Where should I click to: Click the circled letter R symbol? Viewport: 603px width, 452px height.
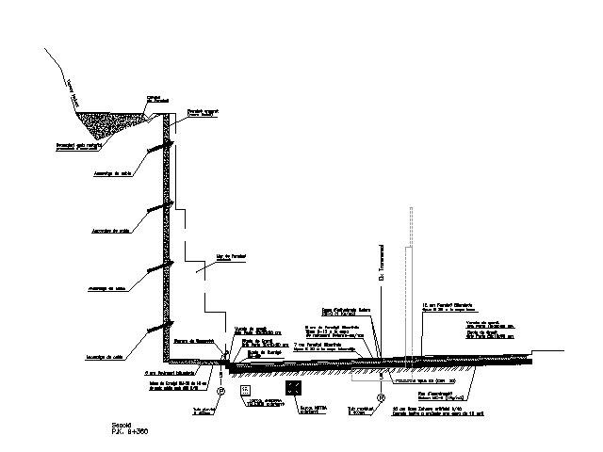382,398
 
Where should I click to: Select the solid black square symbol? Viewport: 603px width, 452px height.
295,388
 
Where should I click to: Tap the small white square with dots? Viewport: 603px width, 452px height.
246,389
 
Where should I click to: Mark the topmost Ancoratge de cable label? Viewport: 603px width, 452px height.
109,173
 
